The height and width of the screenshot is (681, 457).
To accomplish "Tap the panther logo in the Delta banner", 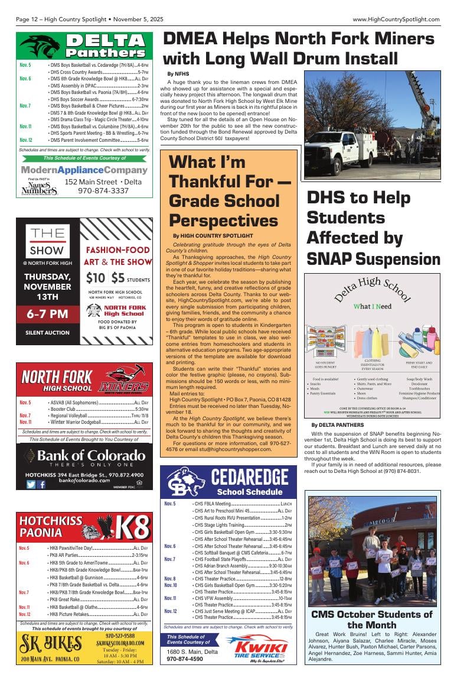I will tap(40, 46).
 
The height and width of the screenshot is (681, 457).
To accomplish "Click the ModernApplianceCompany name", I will tap(84, 170).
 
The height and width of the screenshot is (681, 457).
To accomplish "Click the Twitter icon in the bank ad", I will tap(31, 484).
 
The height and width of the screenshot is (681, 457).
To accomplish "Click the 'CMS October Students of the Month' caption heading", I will tap(371, 620).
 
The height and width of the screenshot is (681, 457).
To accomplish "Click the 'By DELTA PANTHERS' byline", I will tap(337, 424).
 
